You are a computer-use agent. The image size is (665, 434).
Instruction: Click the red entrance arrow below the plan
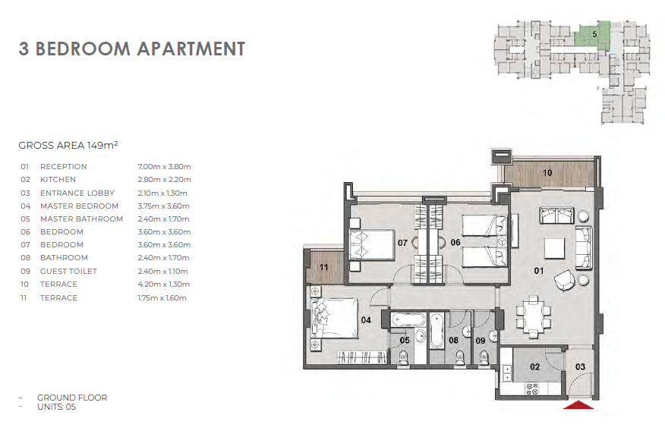578,405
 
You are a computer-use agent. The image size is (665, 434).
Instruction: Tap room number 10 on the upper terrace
547,173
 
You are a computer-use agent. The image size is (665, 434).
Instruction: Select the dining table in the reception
534,317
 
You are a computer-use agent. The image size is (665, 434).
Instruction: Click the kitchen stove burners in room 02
532,388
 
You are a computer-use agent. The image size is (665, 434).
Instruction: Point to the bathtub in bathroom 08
437,331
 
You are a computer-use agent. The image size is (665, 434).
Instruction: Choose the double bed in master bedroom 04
334,318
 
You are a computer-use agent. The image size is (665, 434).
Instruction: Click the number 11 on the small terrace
324,267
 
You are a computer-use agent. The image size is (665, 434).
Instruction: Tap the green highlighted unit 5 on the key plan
592,35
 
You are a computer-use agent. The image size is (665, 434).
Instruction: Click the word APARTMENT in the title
191,49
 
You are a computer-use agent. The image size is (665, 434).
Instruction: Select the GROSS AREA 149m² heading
68,146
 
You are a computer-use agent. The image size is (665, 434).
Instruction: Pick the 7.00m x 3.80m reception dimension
164,167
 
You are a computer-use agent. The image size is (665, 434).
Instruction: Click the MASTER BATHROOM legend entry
81,219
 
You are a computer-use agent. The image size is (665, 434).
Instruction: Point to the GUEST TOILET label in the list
69,272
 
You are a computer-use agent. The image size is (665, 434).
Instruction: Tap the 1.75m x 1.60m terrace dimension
162,298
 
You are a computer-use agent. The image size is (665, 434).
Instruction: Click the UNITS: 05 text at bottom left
56,407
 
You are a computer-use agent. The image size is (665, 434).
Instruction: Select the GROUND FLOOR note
72,398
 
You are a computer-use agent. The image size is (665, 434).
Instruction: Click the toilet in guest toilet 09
484,358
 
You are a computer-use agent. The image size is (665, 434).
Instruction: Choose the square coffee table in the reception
554,248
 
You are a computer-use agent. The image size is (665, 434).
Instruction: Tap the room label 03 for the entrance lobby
580,367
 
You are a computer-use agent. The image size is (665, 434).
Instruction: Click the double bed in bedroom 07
372,245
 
